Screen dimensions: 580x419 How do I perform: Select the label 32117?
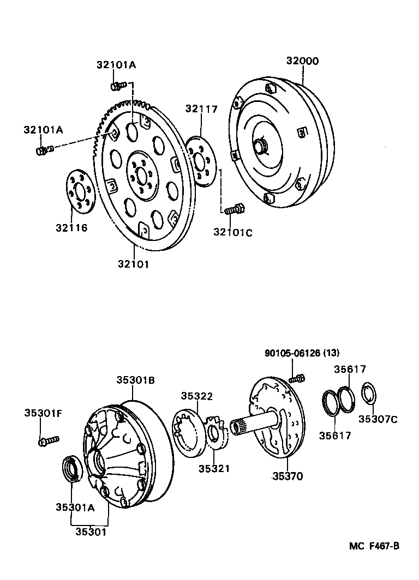tap(201, 108)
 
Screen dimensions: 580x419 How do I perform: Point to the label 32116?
tap(70, 227)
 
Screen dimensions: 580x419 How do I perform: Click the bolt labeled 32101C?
tap(234, 209)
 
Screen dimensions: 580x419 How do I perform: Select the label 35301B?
tap(135, 380)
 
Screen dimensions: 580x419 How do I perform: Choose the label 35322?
tap(197, 396)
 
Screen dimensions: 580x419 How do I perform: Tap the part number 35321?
tap(214, 469)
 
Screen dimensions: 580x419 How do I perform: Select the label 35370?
tap(288, 476)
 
